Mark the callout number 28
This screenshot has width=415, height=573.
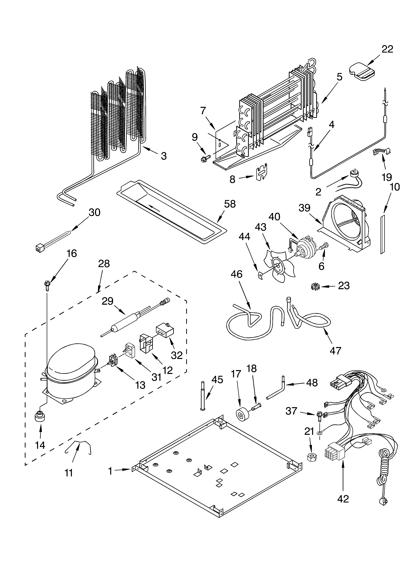click(x=104, y=264)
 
